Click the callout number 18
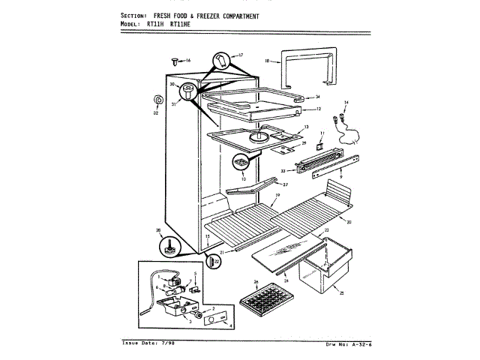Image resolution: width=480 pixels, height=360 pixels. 266,58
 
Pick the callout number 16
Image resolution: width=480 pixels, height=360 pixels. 188,60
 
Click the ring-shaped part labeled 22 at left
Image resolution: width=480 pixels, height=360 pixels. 157,100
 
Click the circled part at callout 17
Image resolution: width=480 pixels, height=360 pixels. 222,59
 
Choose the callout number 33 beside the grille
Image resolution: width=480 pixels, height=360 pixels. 283,171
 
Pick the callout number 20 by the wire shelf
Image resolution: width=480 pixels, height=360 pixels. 349,222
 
